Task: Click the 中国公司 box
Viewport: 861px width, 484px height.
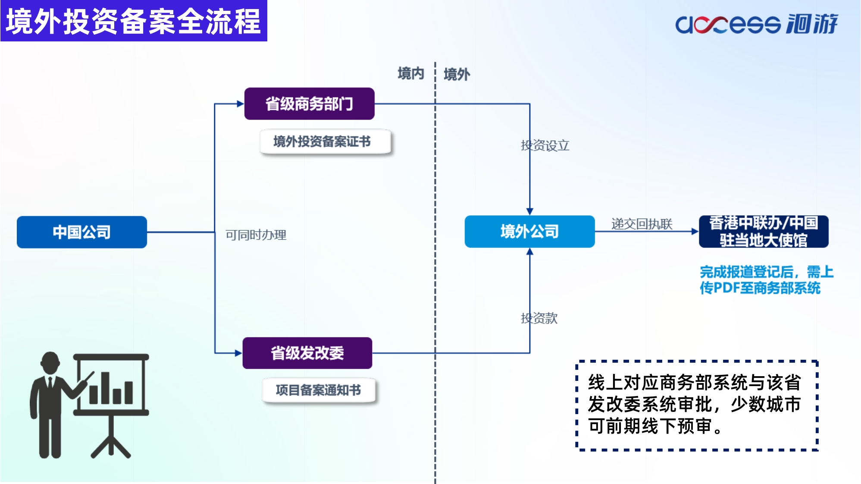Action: click(x=82, y=232)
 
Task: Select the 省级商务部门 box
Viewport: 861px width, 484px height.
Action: click(x=309, y=104)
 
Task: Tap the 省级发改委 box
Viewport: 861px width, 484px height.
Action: click(x=307, y=353)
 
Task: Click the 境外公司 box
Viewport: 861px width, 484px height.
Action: click(x=529, y=232)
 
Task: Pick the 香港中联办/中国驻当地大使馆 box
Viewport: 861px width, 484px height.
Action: click(x=764, y=232)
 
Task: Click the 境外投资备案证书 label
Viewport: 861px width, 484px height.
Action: click(x=322, y=141)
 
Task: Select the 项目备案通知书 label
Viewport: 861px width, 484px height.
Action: click(x=319, y=390)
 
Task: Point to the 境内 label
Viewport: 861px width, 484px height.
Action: click(x=411, y=73)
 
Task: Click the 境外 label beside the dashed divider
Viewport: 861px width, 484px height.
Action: click(x=457, y=74)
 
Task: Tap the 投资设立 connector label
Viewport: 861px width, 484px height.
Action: click(x=545, y=145)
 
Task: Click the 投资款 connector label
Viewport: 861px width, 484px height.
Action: click(x=539, y=318)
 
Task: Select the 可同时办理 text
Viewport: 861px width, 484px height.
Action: click(x=256, y=235)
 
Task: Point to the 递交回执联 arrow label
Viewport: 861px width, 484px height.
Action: click(x=642, y=224)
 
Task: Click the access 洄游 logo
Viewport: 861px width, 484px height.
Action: click(x=757, y=23)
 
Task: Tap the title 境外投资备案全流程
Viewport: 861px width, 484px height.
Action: click(x=134, y=21)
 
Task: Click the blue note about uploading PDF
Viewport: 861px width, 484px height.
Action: click(x=767, y=280)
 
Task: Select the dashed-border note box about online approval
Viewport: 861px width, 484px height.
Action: click(x=697, y=405)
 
